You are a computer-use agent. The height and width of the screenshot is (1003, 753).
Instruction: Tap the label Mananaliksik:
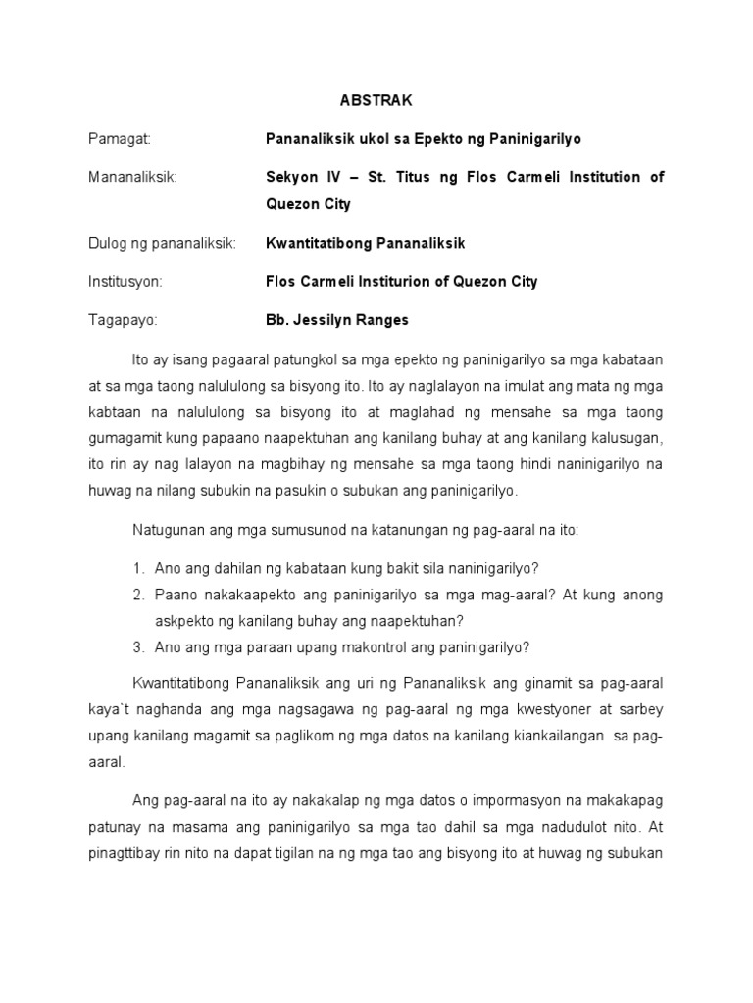tap(132, 178)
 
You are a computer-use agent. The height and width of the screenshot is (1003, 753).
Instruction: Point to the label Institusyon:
tap(125, 282)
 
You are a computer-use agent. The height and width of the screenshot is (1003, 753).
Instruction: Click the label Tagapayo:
tap(122, 320)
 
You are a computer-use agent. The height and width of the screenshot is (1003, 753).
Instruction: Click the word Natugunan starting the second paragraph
tap(169, 530)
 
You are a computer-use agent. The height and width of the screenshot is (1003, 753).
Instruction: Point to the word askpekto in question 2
tap(183, 620)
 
